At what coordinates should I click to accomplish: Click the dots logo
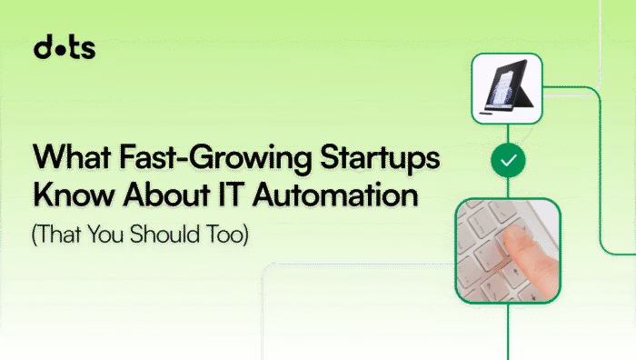click(x=64, y=48)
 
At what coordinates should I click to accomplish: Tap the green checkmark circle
click(x=507, y=160)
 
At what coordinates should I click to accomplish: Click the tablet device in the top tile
click(x=505, y=89)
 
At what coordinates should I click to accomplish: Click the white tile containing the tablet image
click(x=506, y=88)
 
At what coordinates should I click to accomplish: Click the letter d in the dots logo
click(x=42, y=48)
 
